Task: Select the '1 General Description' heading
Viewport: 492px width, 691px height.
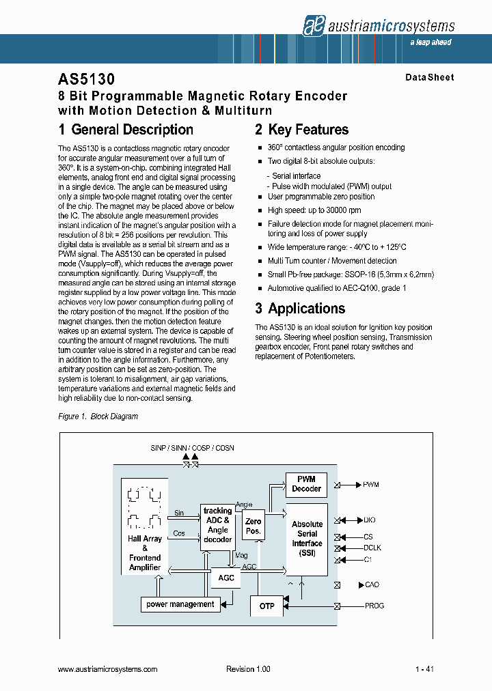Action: pos(126,130)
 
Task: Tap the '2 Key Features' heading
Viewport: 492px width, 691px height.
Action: pos(301,130)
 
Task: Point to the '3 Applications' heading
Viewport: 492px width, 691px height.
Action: pos(300,309)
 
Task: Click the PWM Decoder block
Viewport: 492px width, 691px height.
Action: pos(306,484)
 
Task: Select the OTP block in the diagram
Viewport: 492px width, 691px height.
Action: pos(266,606)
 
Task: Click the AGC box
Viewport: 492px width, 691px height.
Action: pos(226,578)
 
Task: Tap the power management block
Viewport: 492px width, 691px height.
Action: pos(180,604)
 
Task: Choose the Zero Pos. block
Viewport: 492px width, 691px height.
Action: pos(253,526)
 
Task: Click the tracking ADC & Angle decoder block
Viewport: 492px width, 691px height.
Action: pos(217,525)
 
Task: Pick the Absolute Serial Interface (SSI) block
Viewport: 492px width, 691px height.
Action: pos(307,538)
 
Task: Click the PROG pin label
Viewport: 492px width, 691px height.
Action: pos(374,606)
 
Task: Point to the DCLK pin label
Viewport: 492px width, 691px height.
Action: pos(372,548)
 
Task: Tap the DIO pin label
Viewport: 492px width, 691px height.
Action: pos(370,520)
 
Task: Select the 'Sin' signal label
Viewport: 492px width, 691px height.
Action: pos(179,513)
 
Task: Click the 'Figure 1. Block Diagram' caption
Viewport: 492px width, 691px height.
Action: pos(98,417)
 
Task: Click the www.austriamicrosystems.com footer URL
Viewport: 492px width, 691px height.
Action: pos(108,670)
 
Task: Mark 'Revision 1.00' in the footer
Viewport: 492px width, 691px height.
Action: pos(248,670)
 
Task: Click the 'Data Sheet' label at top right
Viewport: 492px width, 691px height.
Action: pos(429,78)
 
